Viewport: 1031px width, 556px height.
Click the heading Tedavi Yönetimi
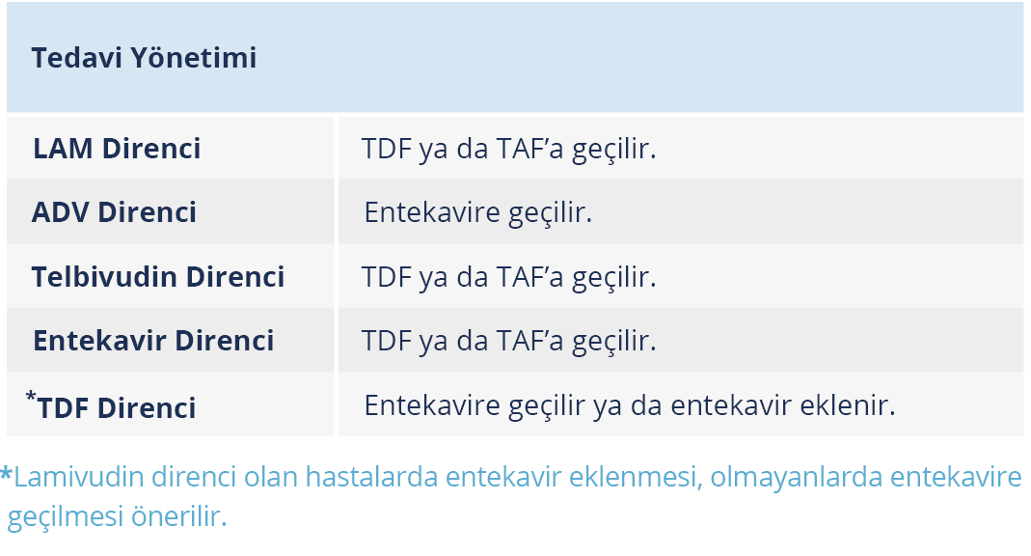click(144, 57)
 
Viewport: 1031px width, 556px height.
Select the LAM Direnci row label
click(117, 148)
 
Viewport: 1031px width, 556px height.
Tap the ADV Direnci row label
click(114, 211)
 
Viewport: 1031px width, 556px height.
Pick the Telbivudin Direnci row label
click(158, 276)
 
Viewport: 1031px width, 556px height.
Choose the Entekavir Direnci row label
click(153, 340)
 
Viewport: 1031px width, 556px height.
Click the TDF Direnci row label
click(117, 408)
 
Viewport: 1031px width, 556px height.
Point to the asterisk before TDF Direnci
click(31, 396)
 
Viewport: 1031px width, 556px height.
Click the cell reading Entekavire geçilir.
click(478, 211)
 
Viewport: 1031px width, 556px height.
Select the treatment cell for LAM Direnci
click(509, 148)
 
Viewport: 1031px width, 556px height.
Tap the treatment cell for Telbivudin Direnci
click(509, 276)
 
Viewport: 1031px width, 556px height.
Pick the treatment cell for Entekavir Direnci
click(509, 340)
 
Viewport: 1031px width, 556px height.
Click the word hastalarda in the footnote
click(371, 477)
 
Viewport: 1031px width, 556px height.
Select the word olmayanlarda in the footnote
click(796, 477)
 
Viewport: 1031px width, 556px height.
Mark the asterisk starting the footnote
click(6, 473)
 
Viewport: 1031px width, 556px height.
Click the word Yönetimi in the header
click(193, 57)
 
